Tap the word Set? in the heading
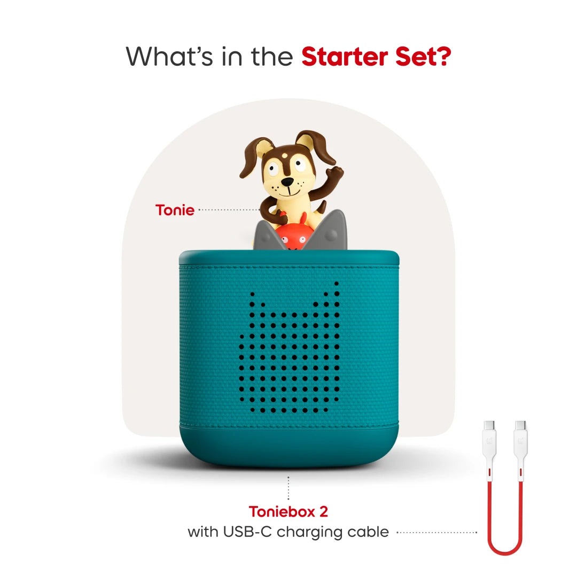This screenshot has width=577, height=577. (x=422, y=57)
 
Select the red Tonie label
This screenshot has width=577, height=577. (x=175, y=210)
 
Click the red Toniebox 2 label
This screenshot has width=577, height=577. (x=288, y=511)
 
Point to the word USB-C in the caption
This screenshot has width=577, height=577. (x=253, y=532)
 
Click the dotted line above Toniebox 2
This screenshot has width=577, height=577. (x=288, y=488)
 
